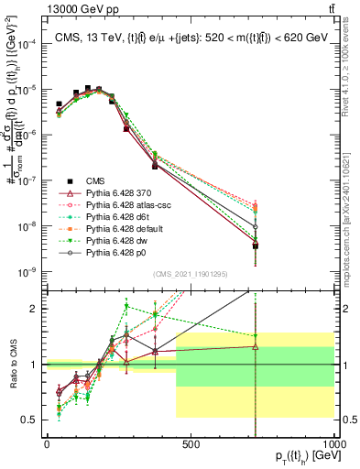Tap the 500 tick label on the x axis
[191, 444]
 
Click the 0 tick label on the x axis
[47, 444]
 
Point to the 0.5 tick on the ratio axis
[35, 420]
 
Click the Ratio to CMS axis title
[12, 364]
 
